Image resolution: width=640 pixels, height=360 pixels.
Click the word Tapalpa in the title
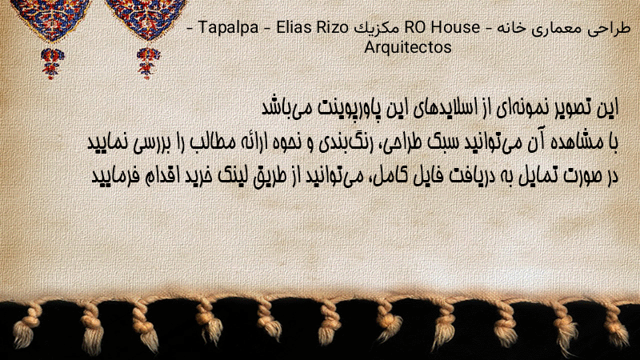228,28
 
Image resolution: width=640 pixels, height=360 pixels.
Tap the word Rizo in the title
334,27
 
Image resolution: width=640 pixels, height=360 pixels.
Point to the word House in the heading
455,27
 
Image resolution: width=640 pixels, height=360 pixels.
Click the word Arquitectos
408,47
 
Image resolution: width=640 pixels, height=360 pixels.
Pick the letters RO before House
415,27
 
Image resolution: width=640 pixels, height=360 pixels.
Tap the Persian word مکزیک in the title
376,28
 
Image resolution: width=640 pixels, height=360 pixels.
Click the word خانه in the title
513,28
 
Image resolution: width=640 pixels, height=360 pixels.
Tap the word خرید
198,176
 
